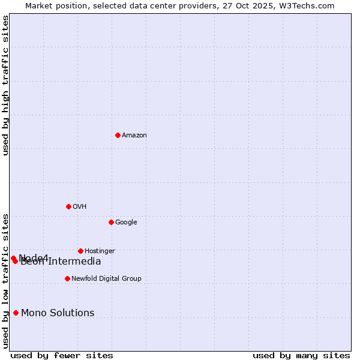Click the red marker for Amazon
(x=118, y=135)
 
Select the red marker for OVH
(x=68, y=206)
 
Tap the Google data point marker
(x=111, y=222)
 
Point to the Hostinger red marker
(x=80, y=251)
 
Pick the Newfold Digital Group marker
(x=67, y=278)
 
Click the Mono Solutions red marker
(x=16, y=313)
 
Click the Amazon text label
(x=134, y=136)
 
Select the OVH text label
(x=80, y=207)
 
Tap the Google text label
(x=126, y=223)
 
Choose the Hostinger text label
(x=100, y=251)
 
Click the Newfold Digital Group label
(x=106, y=279)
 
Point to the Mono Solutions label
(x=58, y=313)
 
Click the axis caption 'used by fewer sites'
(x=62, y=356)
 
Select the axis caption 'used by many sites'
(x=301, y=356)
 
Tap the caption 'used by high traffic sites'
(x=6, y=85)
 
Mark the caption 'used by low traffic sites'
(x=6, y=280)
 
